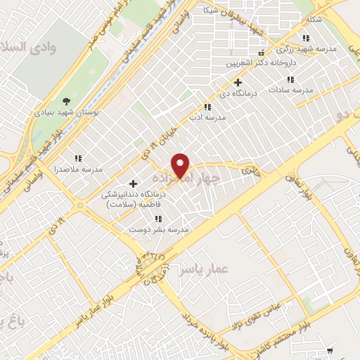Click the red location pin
181,165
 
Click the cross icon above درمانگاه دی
237,82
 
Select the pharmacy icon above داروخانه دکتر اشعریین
262,53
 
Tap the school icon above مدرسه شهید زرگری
304,38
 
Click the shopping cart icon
331,350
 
